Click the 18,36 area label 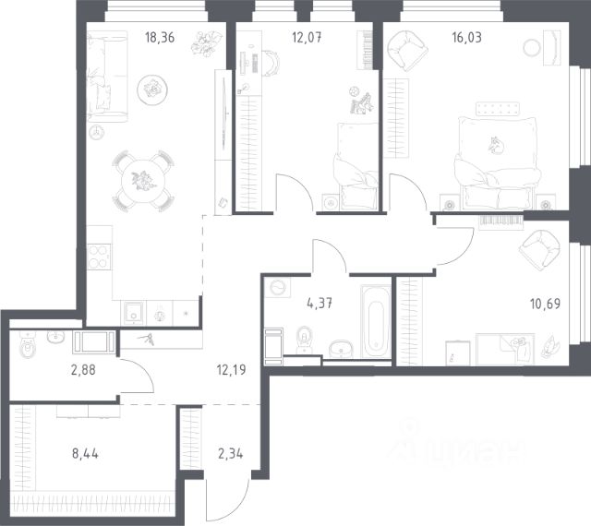click(160, 38)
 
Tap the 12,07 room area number click(307, 38)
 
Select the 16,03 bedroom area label click(466, 38)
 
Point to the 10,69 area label click(545, 304)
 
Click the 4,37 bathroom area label click(320, 303)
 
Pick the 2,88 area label click(83, 370)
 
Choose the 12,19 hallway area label click(232, 370)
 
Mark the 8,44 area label click(85, 454)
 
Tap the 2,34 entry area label click(230, 454)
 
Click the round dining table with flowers click(143, 181)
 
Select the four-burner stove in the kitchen click(99, 257)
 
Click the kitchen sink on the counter click(133, 312)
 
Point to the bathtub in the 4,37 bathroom click(376, 321)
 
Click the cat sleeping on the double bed click(496, 146)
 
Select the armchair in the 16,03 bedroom click(407, 51)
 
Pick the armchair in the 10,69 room click(539, 251)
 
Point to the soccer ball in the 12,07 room click(353, 90)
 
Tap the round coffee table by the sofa click(152, 90)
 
